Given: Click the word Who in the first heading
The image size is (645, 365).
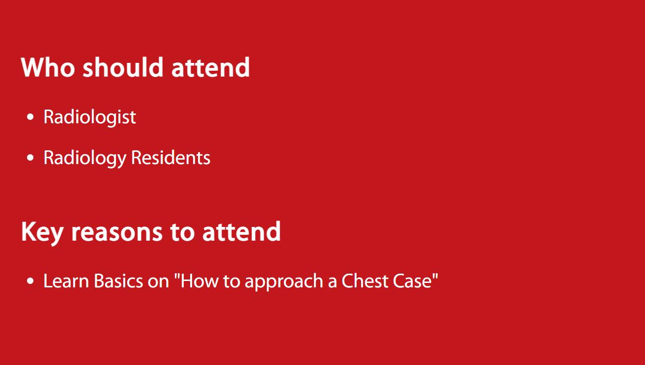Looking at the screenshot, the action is (x=48, y=67).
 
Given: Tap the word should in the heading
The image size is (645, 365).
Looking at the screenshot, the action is (x=123, y=67).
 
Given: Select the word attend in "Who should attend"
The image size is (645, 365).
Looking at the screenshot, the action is (x=210, y=67).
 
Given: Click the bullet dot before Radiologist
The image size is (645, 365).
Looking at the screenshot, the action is (x=30, y=117).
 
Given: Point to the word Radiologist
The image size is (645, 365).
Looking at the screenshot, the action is (x=89, y=117).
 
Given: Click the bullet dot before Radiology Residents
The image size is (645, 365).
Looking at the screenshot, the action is (x=30, y=158).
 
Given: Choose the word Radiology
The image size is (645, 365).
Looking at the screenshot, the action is (x=85, y=158).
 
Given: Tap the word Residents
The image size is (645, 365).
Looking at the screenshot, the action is (x=171, y=158).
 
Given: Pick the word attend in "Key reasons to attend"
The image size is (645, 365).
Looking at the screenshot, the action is (x=242, y=231).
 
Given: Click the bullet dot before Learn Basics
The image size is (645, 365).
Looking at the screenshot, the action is (x=30, y=281).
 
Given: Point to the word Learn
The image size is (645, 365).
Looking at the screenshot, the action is (x=66, y=281).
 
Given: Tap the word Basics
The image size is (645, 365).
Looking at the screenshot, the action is (x=118, y=281).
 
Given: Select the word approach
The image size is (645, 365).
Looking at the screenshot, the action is (x=284, y=282).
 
